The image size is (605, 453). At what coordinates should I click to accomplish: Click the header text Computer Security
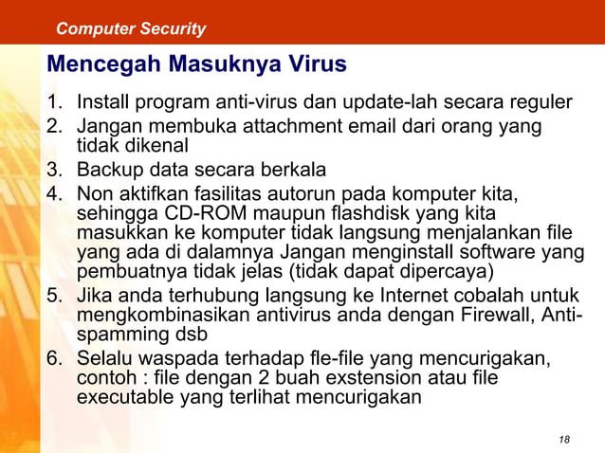pyautogui.click(x=131, y=28)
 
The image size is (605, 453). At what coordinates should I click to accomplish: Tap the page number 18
pyautogui.click(x=565, y=439)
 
